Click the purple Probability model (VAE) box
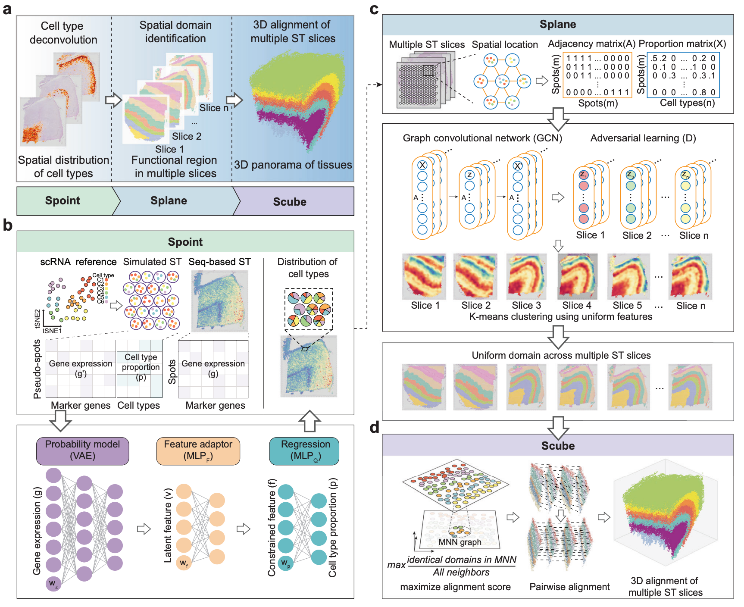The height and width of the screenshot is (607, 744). (82, 451)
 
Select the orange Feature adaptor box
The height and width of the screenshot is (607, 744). (198, 451)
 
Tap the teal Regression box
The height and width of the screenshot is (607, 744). (304, 451)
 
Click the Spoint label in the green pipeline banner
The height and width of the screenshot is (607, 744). (63, 201)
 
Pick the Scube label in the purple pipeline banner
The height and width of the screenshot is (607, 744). (290, 202)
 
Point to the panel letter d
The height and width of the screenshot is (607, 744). (374, 428)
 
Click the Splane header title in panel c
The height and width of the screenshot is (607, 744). (557, 25)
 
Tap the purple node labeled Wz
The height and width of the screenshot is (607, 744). (53, 584)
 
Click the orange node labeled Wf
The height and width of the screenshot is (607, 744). (184, 563)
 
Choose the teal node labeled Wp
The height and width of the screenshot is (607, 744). (285, 563)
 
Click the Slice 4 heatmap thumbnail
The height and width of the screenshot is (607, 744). (577, 276)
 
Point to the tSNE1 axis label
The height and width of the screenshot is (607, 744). (52, 331)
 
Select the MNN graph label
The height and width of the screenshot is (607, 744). (460, 542)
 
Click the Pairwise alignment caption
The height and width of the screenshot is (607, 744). (569, 587)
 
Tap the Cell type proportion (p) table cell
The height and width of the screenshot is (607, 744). (141, 367)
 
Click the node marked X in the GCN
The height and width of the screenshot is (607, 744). (422, 165)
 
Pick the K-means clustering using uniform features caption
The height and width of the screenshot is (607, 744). (560, 317)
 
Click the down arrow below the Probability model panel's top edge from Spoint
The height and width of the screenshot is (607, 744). (61, 420)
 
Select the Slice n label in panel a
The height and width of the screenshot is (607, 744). (213, 108)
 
